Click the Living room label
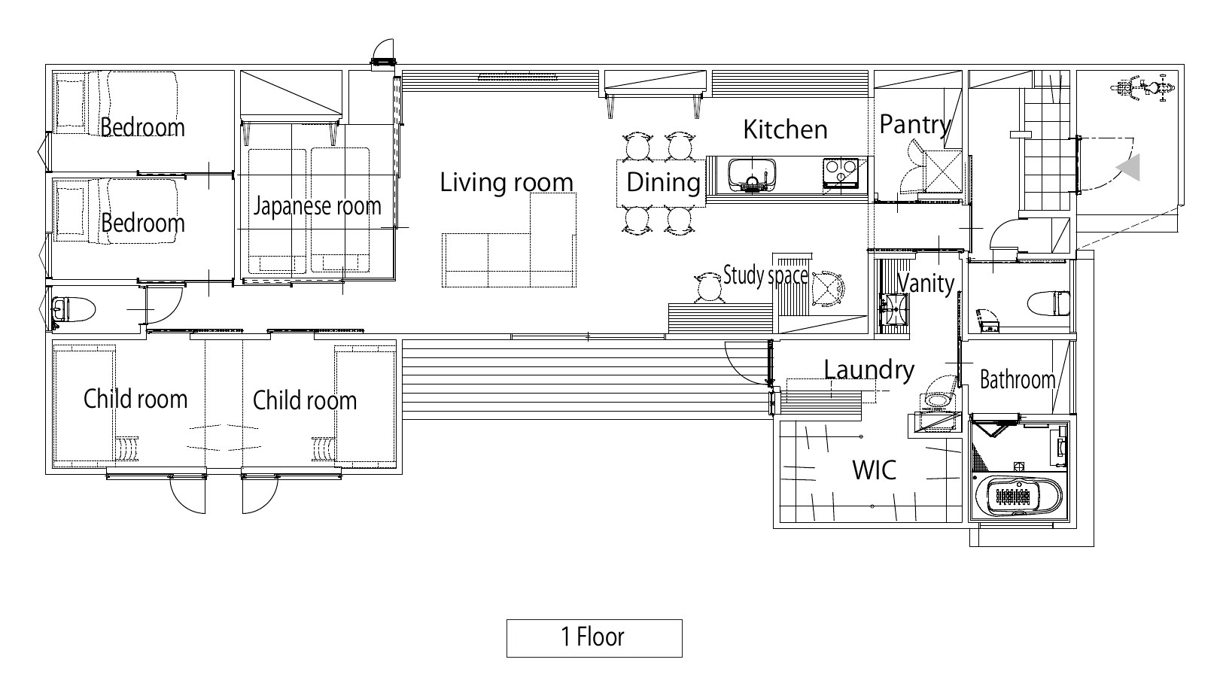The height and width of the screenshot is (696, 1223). (x=506, y=182)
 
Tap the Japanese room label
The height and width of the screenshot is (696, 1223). (x=317, y=206)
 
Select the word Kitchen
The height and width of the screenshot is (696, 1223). (x=785, y=130)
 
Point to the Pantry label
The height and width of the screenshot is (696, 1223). (x=915, y=125)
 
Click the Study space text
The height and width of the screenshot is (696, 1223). (x=765, y=275)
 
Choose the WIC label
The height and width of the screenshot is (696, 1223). (x=874, y=470)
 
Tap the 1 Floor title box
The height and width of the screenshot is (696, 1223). (x=594, y=637)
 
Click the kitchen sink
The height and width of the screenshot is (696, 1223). (x=752, y=174)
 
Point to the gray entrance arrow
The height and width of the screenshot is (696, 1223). (x=1128, y=167)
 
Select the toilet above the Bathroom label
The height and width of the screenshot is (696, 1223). (x=1049, y=303)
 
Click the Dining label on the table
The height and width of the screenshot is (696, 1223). (x=663, y=182)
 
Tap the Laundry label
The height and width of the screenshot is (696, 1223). (x=869, y=370)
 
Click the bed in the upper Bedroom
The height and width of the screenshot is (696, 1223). (x=117, y=102)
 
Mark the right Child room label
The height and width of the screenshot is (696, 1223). (x=305, y=401)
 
